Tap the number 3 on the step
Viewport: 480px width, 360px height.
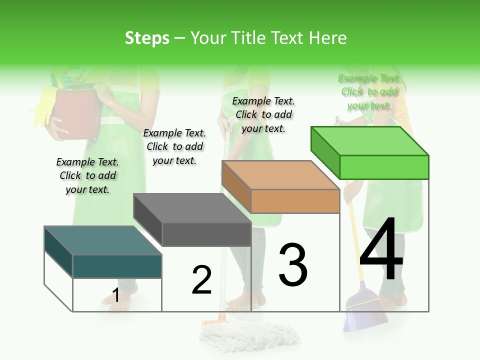click(x=293, y=264)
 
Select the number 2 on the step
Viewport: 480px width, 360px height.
click(x=201, y=279)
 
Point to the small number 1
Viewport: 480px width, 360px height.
click(x=115, y=295)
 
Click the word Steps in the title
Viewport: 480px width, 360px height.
click(x=147, y=38)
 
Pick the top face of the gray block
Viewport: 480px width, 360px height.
click(x=192, y=208)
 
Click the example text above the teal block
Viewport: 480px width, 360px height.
click(x=87, y=175)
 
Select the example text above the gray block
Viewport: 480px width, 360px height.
click(x=174, y=146)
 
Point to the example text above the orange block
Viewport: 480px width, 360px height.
click(x=263, y=114)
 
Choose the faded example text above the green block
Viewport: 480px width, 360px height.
click(x=369, y=91)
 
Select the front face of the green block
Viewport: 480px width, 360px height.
click(x=384, y=167)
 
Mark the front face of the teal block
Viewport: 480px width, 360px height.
click(x=117, y=266)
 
